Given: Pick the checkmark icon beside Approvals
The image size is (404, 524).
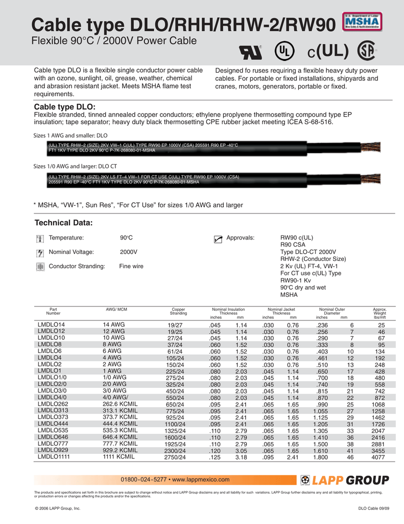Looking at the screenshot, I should (218, 238).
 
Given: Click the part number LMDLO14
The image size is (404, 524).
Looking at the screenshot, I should (51, 325).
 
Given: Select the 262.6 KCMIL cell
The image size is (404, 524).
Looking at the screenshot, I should (120, 403).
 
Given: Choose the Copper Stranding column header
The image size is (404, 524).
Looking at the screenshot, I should (178, 311).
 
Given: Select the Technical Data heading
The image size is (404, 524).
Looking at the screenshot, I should (63, 223).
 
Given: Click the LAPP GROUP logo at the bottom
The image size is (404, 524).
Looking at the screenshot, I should (345, 480).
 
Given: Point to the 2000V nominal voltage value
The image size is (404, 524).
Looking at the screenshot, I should (128, 252).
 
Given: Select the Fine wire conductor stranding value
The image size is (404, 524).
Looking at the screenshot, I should (131, 266).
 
